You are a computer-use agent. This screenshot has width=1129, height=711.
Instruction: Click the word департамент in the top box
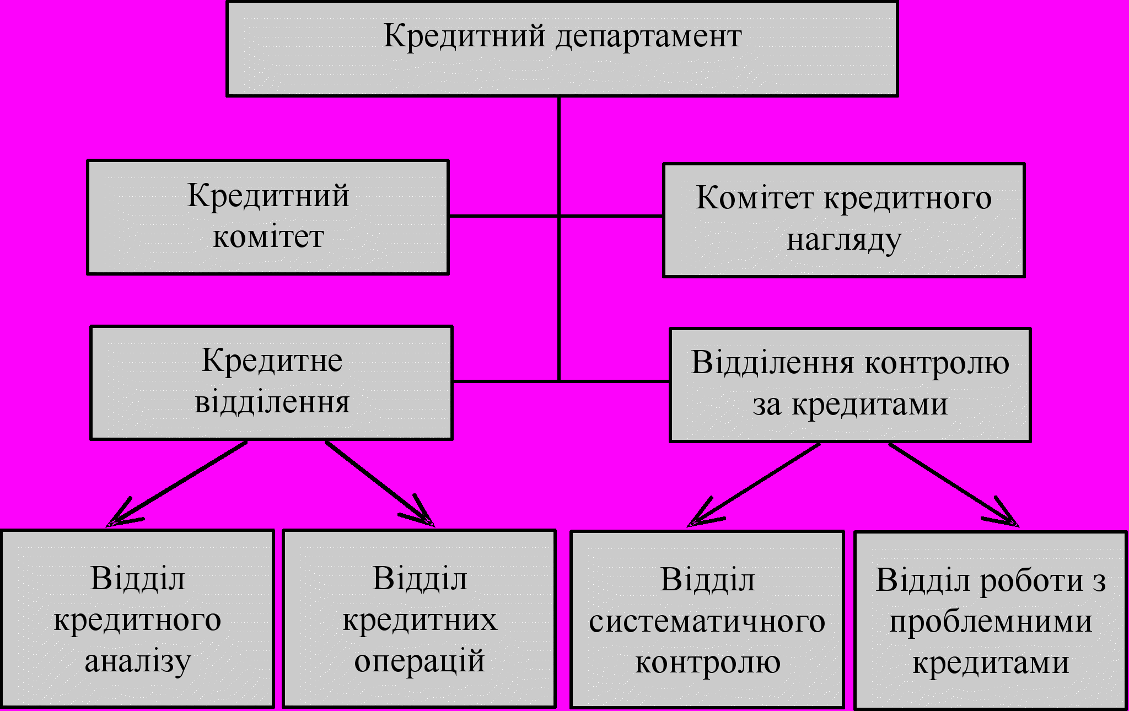pyautogui.click(x=648, y=37)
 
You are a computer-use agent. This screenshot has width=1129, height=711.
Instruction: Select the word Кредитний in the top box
pyautogui.click(x=464, y=36)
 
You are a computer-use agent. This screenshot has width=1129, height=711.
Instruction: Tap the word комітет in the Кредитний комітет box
pyautogui.click(x=268, y=238)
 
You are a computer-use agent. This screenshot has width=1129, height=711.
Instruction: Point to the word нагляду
pyautogui.click(x=843, y=241)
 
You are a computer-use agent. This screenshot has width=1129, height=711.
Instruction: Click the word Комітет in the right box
pyautogui.click(x=754, y=198)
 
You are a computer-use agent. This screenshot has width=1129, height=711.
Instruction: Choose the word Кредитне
pyautogui.click(x=272, y=361)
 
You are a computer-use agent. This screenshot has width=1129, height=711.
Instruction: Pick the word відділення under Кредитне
pyautogui.click(x=272, y=402)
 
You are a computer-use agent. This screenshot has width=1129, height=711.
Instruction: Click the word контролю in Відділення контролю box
pyautogui.click(x=937, y=363)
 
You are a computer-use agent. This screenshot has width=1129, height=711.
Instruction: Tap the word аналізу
pyautogui.click(x=137, y=661)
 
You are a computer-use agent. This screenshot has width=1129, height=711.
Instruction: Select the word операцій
pyautogui.click(x=419, y=661)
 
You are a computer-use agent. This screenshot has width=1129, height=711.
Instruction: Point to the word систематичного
pyautogui.click(x=707, y=622)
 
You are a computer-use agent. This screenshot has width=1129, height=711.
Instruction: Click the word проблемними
pyautogui.click(x=990, y=622)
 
